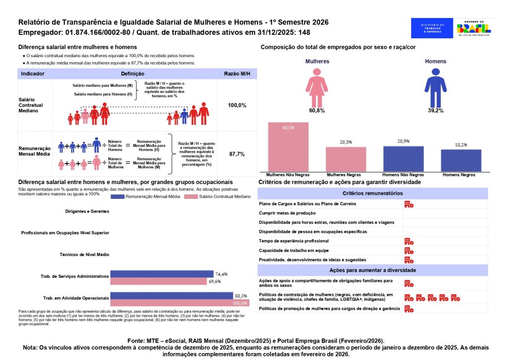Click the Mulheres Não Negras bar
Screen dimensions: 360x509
(288, 147)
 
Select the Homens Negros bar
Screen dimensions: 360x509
(461, 160)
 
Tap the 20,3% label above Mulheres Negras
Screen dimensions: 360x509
(346, 142)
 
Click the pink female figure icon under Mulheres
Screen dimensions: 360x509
(317, 86)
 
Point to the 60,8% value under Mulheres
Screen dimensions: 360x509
(317, 110)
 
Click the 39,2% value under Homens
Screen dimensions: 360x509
(435, 110)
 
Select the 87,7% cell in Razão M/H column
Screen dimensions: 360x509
(237, 154)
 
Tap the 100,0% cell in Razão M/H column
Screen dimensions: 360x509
(237, 105)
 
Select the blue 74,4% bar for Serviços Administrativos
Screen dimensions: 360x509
(162, 274)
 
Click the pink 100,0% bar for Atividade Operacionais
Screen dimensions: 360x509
(171, 303)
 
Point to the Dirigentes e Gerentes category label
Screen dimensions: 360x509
(87, 211)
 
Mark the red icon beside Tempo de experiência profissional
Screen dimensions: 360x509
(409, 241)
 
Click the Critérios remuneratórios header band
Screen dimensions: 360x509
(372, 193)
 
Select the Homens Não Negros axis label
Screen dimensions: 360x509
(403, 175)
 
